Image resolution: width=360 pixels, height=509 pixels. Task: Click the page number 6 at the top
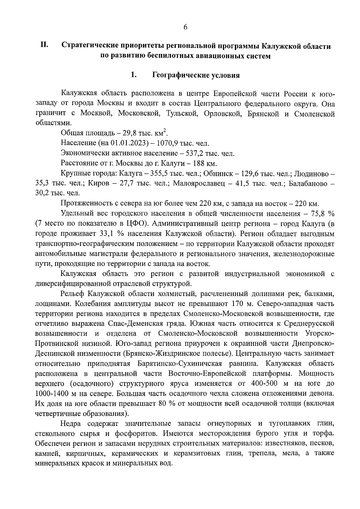click(185, 27)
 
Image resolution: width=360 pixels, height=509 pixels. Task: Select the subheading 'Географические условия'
click(196, 75)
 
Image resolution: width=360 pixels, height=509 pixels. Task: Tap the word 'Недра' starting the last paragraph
click(71, 424)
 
